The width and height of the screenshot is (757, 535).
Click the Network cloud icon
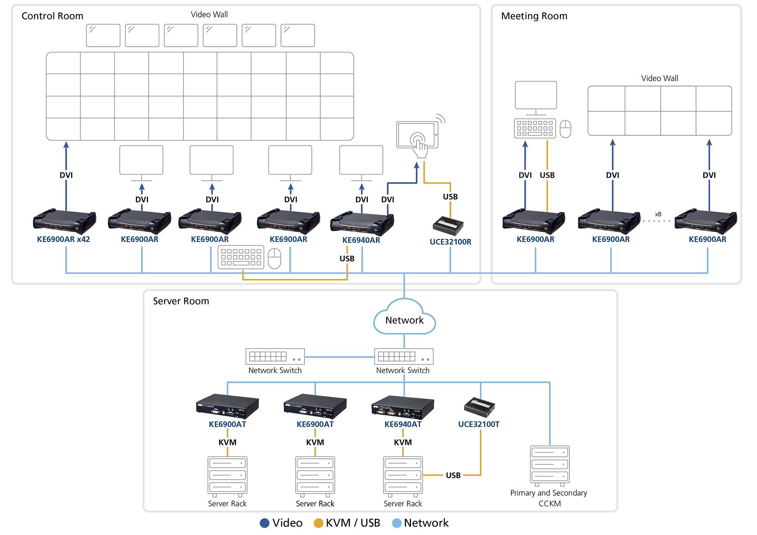(x=404, y=318)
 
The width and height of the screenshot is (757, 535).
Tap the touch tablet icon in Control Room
(x=417, y=136)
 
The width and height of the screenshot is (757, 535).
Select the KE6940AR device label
(x=361, y=240)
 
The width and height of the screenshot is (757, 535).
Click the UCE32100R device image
(x=449, y=226)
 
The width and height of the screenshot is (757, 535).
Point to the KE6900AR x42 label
(x=63, y=239)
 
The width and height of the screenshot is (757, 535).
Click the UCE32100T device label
(x=478, y=424)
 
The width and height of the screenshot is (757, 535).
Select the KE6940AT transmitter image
(x=403, y=407)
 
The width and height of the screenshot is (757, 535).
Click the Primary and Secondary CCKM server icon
(x=550, y=465)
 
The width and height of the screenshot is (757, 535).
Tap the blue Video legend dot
(x=265, y=523)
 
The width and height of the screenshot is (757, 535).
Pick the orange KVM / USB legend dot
(x=319, y=523)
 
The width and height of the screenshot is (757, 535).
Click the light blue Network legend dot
(x=397, y=523)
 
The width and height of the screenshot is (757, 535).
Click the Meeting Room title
(x=534, y=16)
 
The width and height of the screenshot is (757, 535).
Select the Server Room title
(x=181, y=301)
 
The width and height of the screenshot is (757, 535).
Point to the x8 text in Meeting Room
(x=658, y=214)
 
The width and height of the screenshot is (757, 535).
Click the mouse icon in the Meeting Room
(x=565, y=129)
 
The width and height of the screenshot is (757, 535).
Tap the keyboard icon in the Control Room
(x=241, y=257)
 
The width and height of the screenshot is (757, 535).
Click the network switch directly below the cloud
(x=403, y=356)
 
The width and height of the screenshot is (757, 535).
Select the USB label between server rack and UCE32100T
(x=453, y=475)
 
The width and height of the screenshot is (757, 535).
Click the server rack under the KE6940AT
(x=403, y=476)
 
